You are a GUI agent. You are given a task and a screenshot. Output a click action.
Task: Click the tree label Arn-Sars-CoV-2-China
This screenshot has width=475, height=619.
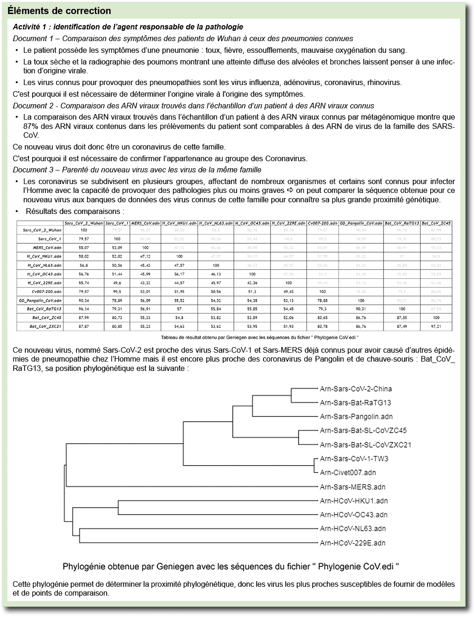click(x=355, y=389)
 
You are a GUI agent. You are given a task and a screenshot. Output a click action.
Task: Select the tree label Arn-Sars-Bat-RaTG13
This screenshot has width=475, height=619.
click(x=355, y=403)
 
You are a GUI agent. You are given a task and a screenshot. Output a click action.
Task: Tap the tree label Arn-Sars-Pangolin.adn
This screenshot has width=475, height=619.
click(x=356, y=416)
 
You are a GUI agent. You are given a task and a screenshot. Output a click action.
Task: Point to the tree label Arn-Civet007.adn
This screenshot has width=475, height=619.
click(x=347, y=472)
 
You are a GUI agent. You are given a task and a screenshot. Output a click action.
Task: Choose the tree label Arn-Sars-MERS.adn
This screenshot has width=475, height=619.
click(x=352, y=487)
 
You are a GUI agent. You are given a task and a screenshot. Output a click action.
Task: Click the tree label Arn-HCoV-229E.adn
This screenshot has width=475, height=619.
click(x=352, y=543)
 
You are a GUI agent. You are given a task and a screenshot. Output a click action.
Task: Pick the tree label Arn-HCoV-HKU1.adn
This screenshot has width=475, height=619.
click(x=354, y=501)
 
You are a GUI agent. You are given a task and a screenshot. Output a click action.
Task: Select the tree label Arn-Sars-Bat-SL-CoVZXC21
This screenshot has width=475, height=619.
click(x=365, y=445)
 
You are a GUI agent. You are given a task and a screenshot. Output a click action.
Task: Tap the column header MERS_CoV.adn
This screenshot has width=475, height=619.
click(x=145, y=223)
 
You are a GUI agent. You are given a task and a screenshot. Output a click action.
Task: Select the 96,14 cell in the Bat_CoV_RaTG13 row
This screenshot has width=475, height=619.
click(x=84, y=309)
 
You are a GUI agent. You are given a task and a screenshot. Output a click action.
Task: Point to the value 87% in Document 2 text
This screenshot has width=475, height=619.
click(x=31, y=126)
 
